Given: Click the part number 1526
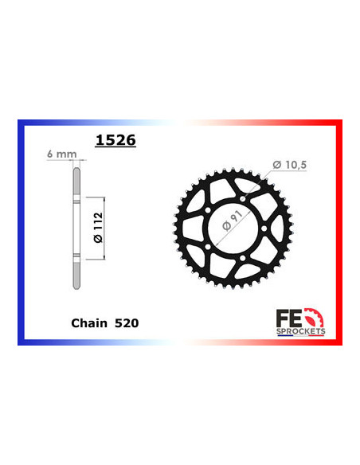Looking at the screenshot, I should (115, 141).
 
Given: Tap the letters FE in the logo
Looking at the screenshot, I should (303, 312).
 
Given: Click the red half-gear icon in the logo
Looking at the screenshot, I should (322, 312).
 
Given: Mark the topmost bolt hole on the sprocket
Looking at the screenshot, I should (243, 200).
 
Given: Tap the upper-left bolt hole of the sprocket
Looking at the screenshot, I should (209, 210).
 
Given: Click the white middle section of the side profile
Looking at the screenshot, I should (76, 227).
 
